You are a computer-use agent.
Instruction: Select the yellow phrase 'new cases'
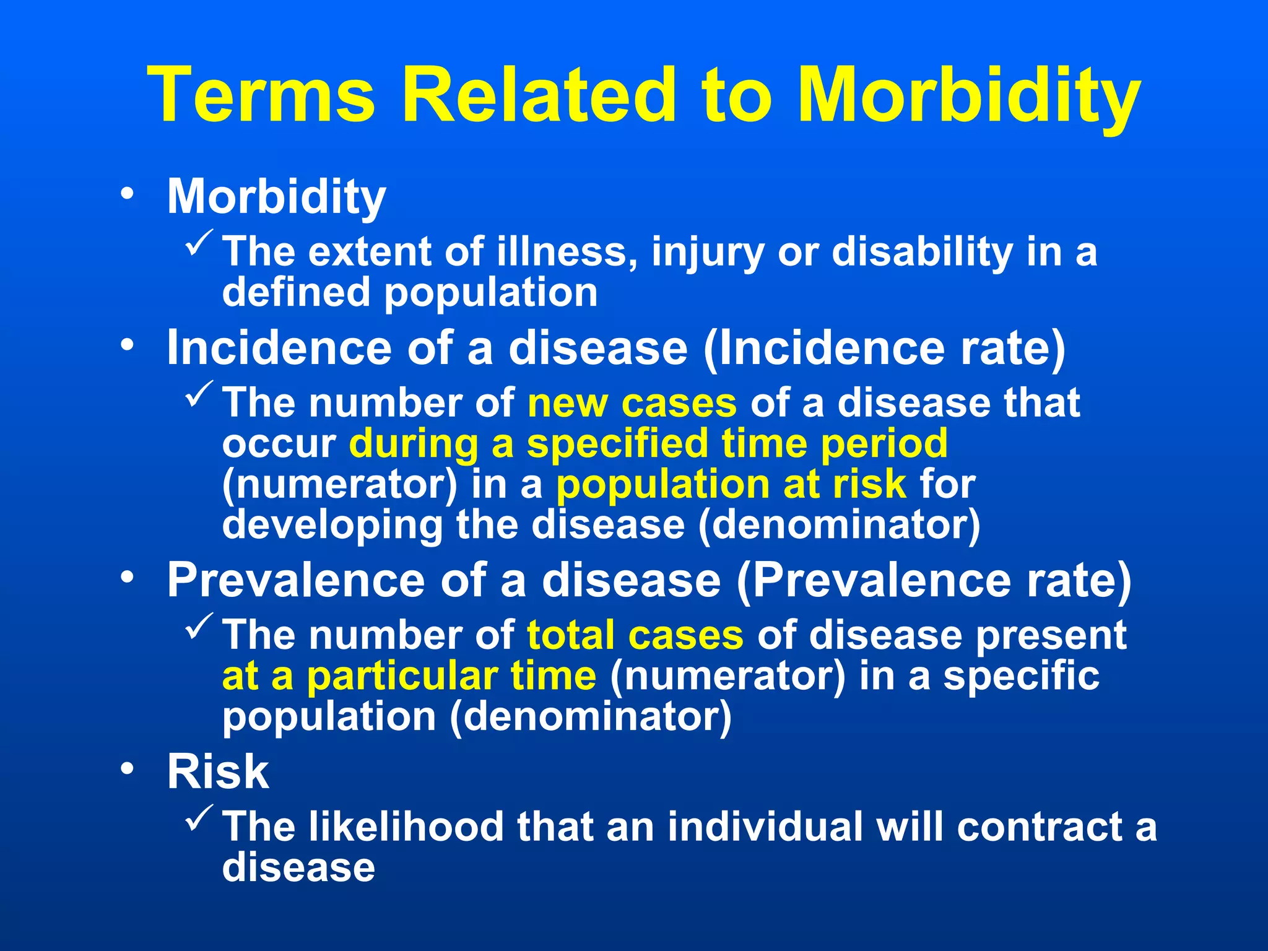[632, 403]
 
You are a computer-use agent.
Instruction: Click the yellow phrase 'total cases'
[635, 635]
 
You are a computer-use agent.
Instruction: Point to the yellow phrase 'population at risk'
[731, 484]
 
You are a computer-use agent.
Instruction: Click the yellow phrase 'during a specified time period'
[648, 444]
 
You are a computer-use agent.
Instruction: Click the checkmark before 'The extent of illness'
[199, 243]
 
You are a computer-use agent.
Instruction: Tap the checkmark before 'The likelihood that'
[199, 818]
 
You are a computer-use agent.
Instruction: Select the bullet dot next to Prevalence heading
[128, 578]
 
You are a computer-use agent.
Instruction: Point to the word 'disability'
[922, 253]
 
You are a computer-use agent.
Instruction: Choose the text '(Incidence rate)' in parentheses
[884, 349]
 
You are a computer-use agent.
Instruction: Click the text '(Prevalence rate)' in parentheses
[934, 581]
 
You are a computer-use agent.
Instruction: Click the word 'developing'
[332, 525]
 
